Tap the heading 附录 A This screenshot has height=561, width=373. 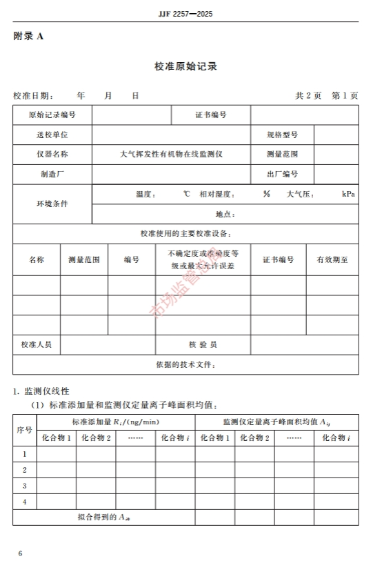pyautogui.click(x=28, y=37)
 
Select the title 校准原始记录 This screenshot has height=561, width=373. pyautogui.click(x=186, y=66)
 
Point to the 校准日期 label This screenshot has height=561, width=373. pyautogui.click(x=33, y=96)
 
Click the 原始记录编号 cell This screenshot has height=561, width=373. pyautogui.click(x=52, y=115)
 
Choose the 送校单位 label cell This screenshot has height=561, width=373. pyautogui.click(x=52, y=135)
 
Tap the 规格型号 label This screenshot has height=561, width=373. pyautogui.click(x=283, y=135)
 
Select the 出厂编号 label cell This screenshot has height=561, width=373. pyautogui.click(x=283, y=175)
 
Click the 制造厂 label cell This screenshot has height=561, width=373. pyautogui.click(x=52, y=175)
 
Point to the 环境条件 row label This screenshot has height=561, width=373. pyautogui.click(x=52, y=204)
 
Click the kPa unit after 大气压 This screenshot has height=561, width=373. pyautogui.click(x=348, y=195)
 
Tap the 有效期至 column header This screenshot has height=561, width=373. pyautogui.click(x=332, y=260)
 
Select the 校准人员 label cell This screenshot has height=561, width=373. pyautogui.click(x=37, y=344)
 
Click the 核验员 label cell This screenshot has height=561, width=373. pyautogui.click(x=203, y=344)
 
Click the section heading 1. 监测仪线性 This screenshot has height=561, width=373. pyautogui.click(x=41, y=391)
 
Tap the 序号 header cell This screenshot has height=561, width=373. pyautogui.click(x=24, y=429)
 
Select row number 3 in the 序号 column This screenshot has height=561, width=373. pyautogui.click(x=24, y=486)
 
